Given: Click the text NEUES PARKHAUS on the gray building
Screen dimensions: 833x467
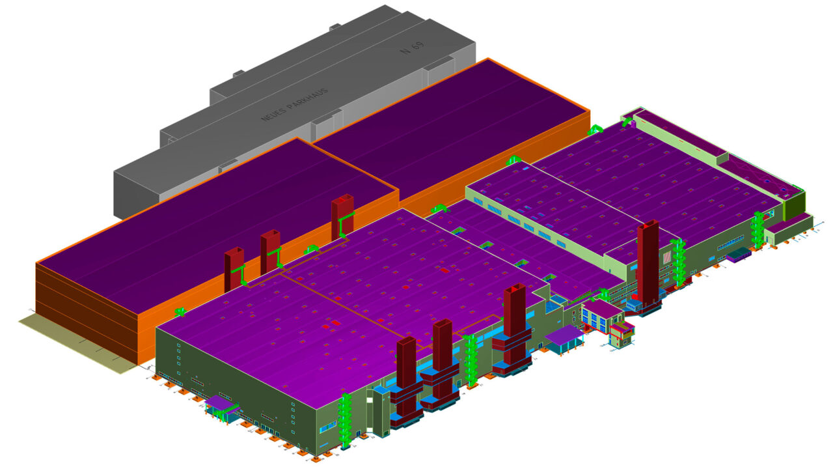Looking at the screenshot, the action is pos(295,105).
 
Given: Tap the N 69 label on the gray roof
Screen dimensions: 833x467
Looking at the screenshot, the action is pos(412,48).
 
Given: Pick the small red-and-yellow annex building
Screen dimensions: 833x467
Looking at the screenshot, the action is pos(621,335).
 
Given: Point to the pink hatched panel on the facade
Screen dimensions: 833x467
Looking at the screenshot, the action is pos(667,257).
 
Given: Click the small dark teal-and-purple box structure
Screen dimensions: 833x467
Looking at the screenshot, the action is pos(739,255).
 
